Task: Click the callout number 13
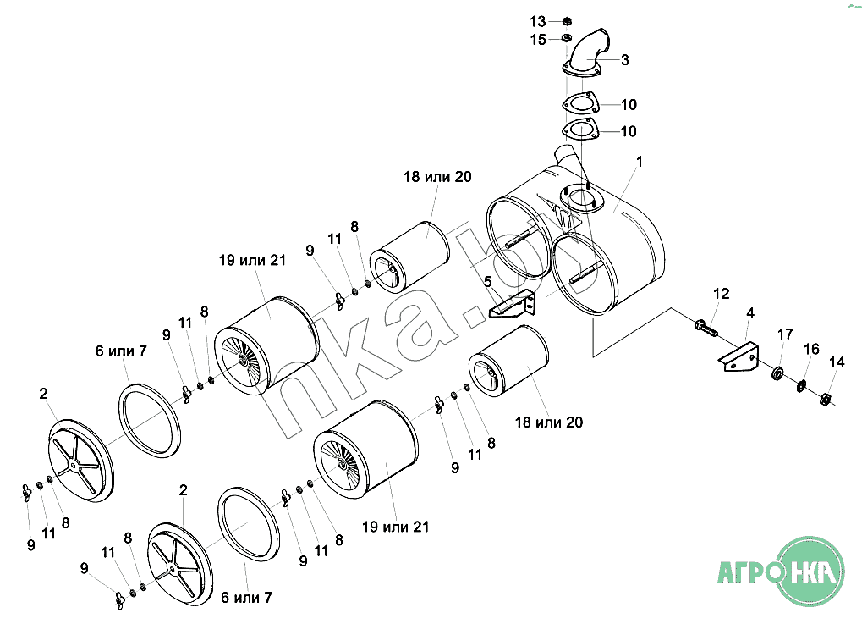coord(537,21)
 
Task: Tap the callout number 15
coord(538,40)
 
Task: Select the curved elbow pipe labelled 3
coord(586,52)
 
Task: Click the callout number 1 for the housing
coord(639,161)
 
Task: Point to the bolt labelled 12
coord(706,329)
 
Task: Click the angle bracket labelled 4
coord(738,357)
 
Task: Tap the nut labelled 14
coord(825,399)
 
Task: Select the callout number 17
coord(785,334)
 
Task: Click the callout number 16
coord(811,349)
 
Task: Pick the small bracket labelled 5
coord(512,304)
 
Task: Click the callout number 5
coord(487,282)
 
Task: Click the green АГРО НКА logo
coord(781,572)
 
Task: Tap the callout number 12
coord(722,294)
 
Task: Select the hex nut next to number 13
coord(568,21)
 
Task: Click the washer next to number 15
coord(566,38)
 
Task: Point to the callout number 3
coord(625,60)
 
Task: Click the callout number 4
coord(750,313)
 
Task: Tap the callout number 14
coord(837,362)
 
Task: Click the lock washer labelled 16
coord(801,386)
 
